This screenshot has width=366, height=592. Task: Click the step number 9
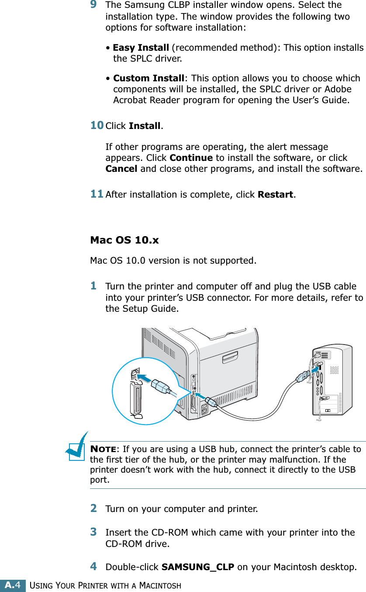[93, 5]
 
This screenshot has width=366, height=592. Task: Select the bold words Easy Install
[141, 47]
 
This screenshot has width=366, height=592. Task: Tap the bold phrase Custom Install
[148, 78]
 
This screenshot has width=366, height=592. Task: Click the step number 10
[97, 125]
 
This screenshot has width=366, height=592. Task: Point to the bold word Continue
[191, 158]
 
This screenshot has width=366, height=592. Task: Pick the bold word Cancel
[121, 168]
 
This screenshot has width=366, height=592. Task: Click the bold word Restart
[275, 194]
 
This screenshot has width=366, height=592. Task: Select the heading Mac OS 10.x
[124, 240]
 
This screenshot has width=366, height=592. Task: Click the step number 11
[97, 194]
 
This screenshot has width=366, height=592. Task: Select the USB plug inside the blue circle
[161, 386]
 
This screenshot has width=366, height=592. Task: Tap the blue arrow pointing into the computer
[312, 371]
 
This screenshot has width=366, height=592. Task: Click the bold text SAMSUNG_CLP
[197, 567]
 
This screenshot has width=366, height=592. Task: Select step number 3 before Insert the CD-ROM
[93, 532]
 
